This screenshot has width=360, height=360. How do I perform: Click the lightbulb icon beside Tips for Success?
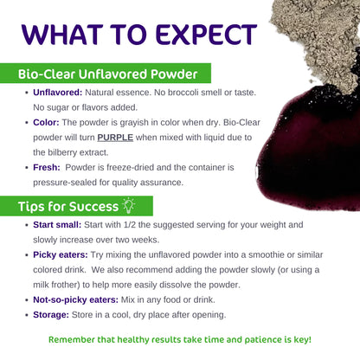131,204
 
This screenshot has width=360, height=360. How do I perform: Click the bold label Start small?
55,225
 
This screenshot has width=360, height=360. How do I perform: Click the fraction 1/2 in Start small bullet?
136,225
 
